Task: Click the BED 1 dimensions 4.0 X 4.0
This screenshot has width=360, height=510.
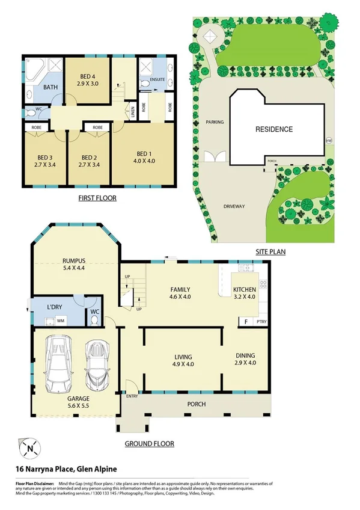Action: tap(144, 161)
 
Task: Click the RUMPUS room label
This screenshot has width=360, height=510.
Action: tap(75, 260)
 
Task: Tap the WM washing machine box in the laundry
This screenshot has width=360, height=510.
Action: tap(61, 321)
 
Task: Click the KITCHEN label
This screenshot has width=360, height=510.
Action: tap(245, 290)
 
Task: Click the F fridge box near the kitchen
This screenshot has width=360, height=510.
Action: tap(245, 322)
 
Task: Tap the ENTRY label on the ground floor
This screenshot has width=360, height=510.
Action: tap(132, 396)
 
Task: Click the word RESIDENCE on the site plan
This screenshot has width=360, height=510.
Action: tap(274, 129)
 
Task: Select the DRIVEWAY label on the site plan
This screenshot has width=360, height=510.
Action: tap(234, 206)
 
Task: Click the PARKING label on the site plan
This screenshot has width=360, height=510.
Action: tap(214, 122)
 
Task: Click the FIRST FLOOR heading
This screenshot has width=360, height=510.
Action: tap(97, 198)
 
